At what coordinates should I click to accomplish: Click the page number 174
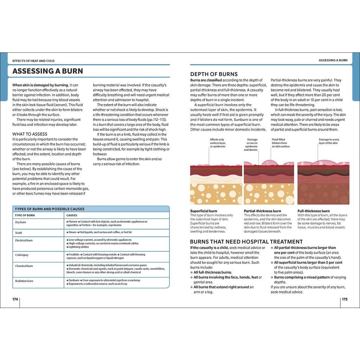15,299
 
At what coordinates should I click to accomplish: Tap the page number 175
345,299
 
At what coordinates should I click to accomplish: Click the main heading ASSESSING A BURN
48,71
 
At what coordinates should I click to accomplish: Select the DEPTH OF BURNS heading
214,74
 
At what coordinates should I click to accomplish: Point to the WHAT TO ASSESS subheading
30,134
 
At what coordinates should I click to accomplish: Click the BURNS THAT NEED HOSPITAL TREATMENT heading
246,242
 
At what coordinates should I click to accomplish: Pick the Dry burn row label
20,222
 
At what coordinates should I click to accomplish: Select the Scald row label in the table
18,232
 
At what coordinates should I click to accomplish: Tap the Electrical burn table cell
24,240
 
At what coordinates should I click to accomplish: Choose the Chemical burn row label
24,266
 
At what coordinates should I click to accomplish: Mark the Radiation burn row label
24,281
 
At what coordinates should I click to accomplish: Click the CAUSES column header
72,215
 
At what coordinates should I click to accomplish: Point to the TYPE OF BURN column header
25,215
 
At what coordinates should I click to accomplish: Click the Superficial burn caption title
204,211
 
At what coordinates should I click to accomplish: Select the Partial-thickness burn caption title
262,211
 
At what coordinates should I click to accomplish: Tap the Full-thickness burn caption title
314,211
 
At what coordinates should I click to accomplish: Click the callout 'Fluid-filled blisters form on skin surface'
281,143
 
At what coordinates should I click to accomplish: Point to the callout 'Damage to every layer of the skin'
328,141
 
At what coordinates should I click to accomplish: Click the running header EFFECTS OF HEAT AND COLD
33,61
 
